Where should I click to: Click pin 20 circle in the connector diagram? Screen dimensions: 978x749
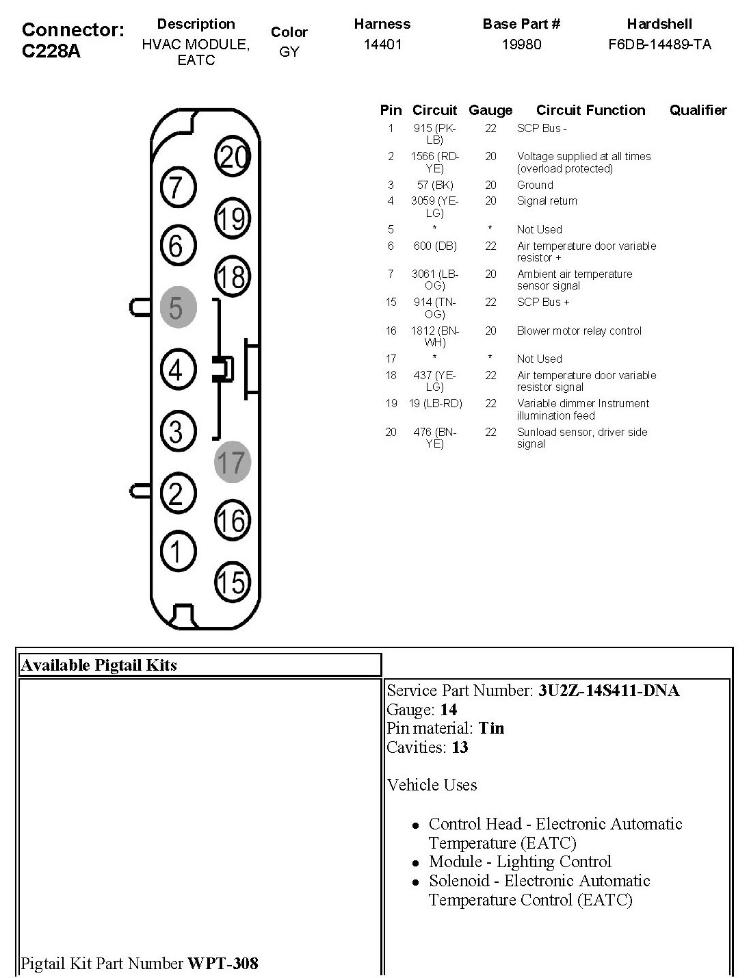tap(232, 157)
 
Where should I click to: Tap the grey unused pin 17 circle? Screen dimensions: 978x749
tap(232, 461)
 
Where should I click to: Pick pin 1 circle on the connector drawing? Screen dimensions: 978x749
tap(178, 550)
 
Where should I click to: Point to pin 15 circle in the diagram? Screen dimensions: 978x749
tap(232, 582)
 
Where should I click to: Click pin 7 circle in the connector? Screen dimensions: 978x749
tap(178, 186)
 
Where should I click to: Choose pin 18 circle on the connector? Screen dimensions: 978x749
tap(232, 276)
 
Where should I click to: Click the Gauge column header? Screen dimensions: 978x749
tap(490, 110)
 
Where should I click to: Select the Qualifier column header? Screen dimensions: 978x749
tap(698, 110)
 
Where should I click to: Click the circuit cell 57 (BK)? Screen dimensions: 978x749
tap(434, 185)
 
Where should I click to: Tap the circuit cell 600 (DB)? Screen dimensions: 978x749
tap(434, 246)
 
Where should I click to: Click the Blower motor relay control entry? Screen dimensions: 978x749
tap(579, 331)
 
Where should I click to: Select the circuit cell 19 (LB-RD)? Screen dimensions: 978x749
tap(436, 403)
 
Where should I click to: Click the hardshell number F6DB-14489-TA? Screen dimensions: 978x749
tap(659, 44)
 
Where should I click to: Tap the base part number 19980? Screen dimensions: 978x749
tap(521, 44)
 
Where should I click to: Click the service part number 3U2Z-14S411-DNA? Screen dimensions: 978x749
tap(608, 691)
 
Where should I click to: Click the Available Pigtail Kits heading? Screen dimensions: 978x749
tap(99, 665)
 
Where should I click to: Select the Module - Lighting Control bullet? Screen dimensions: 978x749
tap(520, 862)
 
